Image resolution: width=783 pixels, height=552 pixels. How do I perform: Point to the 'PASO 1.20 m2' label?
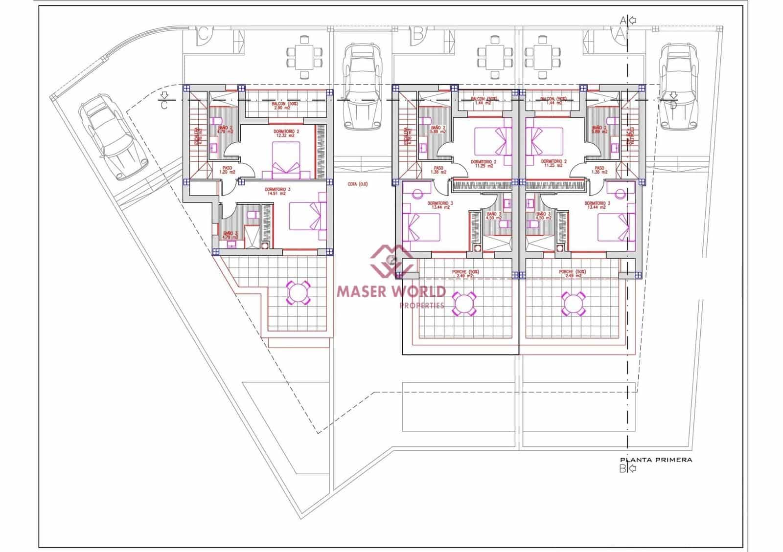point(227,170)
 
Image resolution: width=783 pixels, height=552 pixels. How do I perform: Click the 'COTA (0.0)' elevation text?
point(357,184)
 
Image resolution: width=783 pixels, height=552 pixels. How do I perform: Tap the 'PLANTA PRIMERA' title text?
point(656,460)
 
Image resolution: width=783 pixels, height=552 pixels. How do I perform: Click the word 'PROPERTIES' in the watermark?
point(422,306)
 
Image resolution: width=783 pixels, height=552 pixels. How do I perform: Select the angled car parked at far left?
point(114,136)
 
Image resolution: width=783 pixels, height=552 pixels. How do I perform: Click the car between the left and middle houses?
point(362,87)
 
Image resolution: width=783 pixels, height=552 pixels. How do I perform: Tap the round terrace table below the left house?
point(298,293)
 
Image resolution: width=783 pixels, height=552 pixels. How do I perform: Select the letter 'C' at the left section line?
point(164,105)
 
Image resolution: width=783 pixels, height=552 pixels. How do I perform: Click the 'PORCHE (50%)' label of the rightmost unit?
point(573,273)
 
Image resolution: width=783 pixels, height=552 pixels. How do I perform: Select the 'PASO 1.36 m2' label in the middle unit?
point(438,170)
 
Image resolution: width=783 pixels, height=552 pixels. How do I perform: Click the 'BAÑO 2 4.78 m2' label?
point(225,129)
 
